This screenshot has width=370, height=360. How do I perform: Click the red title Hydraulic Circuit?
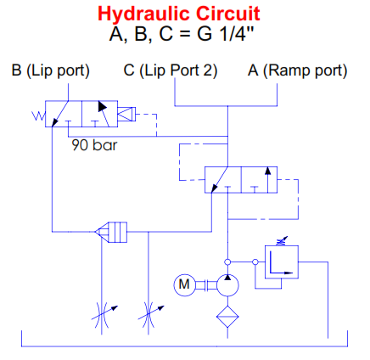pyautogui.click(x=179, y=14)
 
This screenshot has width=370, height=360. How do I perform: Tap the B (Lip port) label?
pyautogui.click(x=50, y=70)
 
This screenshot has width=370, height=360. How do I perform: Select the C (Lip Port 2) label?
pyautogui.click(x=171, y=70)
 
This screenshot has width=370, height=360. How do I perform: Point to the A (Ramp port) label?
pyautogui.click(x=297, y=70)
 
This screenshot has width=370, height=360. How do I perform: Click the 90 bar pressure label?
pyautogui.click(x=94, y=145)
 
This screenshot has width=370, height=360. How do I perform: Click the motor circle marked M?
pyautogui.click(x=184, y=284)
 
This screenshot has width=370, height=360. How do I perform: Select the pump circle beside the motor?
pyautogui.click(x=227, y=285)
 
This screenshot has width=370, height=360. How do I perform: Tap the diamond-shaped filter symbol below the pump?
pyautogui.click(x=227, y=317)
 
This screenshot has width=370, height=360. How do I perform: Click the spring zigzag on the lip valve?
pyautogui.click(x=38, y=115)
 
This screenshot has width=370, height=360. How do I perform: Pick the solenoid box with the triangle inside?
pyautogui.click(x=126, y=115)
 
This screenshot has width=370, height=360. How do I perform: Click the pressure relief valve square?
pyautogui.click(x=282, y=262)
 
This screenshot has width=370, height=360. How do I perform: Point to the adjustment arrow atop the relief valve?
pyautogui.click(x=282, y=241)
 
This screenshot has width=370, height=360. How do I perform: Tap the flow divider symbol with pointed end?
pyautogui.click(x=111, y=232)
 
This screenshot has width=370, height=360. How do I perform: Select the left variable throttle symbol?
pyautogui.click(x=102, y=315)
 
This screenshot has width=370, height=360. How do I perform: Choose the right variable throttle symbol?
pyautogui.click(x=149, y=315)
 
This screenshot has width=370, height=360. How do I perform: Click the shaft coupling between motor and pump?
pyautogui.click(x=206, y=285)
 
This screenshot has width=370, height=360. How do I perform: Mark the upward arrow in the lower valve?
pyautogui.click(x=268, y=180)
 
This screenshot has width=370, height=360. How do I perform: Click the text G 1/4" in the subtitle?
pyautogui.click(x=226, y=34)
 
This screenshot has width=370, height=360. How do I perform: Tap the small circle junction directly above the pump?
pyautogui.click(x=227, y=262)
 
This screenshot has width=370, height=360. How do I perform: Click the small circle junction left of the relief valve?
pyautogui.click(x=255, y=262)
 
